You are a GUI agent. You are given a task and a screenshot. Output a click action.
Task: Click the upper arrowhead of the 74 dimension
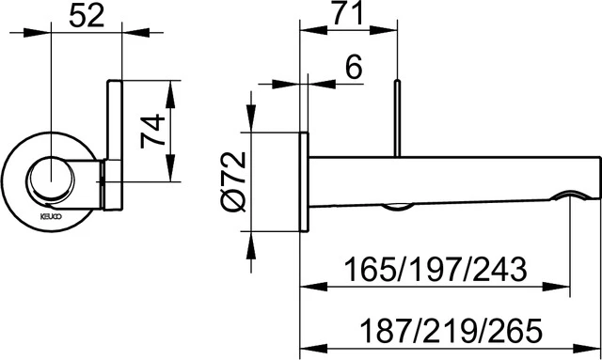(169, 86)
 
